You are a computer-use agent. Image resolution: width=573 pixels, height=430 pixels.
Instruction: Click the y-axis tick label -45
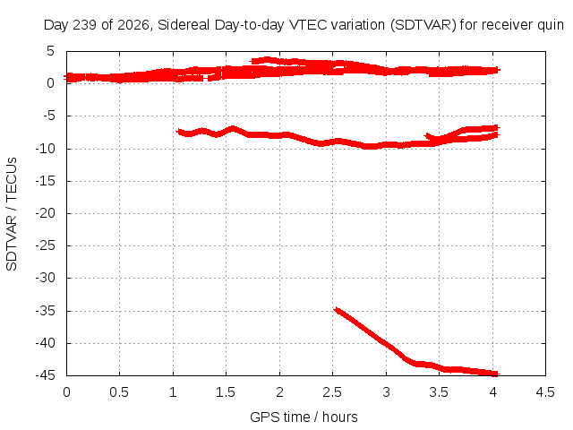coord(46,375)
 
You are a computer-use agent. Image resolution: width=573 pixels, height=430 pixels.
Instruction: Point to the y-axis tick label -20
coord(46,213)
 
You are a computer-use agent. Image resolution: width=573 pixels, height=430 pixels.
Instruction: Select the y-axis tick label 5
coord(50,51)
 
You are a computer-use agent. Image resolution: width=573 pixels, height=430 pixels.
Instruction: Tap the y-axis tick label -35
coord(46,311)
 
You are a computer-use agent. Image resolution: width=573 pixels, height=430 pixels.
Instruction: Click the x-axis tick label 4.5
coord(545,392)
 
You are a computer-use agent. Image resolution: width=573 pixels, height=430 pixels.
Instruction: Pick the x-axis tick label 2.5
coord(332,392)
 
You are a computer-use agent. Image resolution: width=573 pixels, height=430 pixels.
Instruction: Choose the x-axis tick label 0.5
coord(119,392)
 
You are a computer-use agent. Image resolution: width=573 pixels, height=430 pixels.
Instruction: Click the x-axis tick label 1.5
coord(226,392)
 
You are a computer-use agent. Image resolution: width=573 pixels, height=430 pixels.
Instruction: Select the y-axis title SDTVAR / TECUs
coord(12,214)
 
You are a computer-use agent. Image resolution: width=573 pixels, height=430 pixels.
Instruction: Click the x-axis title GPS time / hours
coord(304,417)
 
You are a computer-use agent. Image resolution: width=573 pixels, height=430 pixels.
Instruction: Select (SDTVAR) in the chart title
coord(423,25)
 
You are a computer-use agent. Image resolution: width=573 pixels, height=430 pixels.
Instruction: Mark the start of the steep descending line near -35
coord(336,310)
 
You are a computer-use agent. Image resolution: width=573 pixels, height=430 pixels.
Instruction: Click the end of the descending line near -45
coord(497,374)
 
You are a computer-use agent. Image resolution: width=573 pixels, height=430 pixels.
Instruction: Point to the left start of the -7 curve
coord(178,131)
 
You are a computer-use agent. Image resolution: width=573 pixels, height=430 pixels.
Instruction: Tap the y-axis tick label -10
coord(46,149)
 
